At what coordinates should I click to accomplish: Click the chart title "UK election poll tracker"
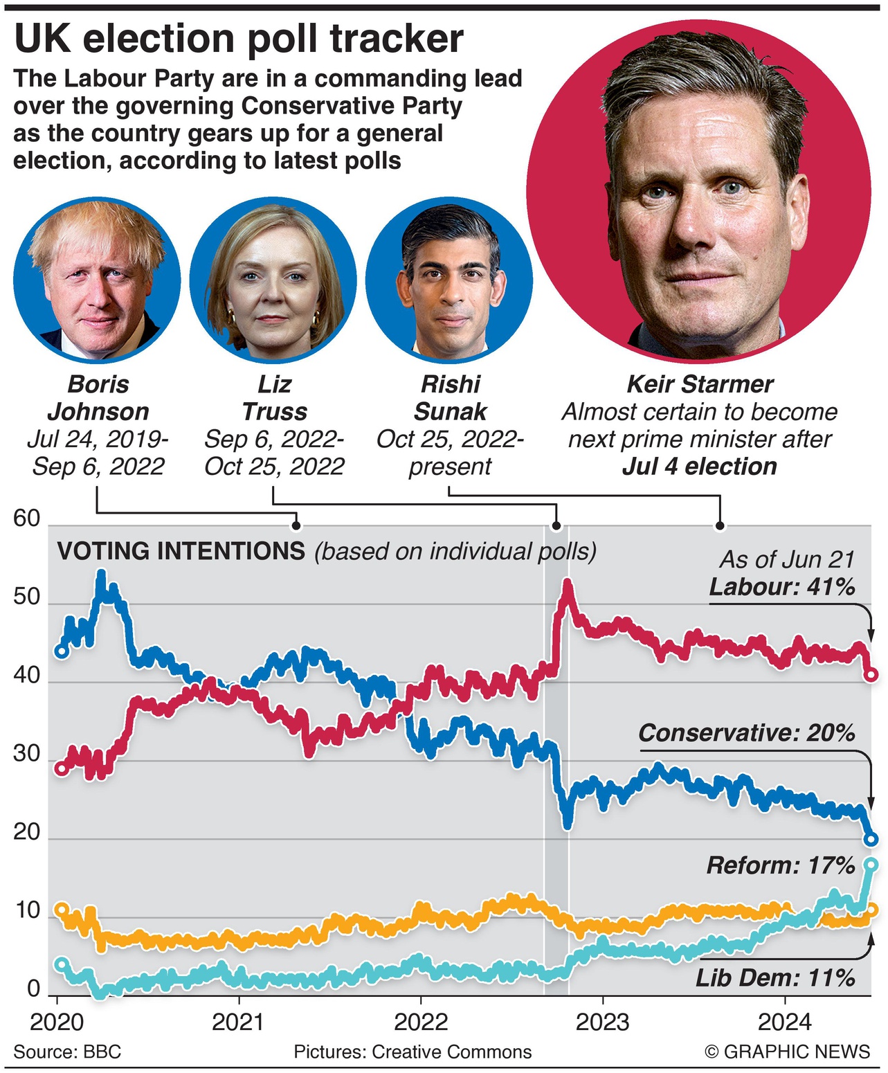tap(239, 39)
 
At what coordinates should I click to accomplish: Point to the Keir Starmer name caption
tap(700, 384)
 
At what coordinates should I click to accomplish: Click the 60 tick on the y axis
tap(27, 519)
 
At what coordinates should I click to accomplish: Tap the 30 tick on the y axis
tap(27, 754)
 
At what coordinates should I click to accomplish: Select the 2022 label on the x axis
tap(421, 1022)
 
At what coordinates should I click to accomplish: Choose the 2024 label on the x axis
tap(784, 1022)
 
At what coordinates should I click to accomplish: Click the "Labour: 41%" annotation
tap(782, 587)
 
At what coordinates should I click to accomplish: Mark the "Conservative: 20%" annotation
tap(747, 732)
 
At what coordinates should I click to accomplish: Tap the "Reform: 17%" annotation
tap(781, 865)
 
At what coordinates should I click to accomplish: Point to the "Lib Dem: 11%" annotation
tap(775, 978)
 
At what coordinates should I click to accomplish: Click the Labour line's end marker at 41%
tap(872, 674)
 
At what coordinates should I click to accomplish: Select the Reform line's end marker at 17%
tap(871, 865)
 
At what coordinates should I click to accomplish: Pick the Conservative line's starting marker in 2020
tap(62, 651)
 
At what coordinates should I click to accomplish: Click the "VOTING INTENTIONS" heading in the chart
tap(181, 551)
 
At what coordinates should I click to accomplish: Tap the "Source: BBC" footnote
tap(67, 1052)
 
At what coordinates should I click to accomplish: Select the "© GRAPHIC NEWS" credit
tap(787, 1052)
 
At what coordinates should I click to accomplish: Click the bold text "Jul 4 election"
tap(700, 467)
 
